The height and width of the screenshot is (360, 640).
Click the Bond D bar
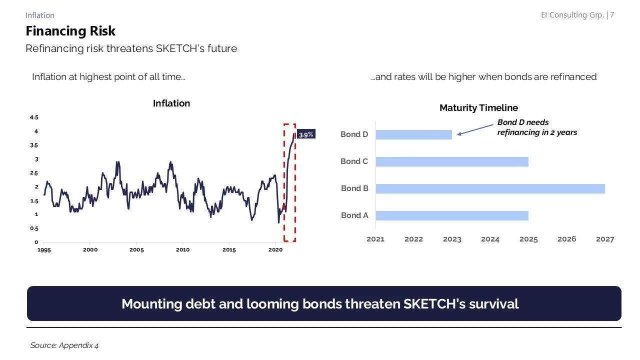413,134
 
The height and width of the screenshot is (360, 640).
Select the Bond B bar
490,188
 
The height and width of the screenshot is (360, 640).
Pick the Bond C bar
451,161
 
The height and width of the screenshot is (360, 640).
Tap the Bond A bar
451,215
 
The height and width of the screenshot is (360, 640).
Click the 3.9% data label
306,134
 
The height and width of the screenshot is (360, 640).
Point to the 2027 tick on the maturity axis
605,239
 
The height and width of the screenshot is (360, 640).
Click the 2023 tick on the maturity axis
452,239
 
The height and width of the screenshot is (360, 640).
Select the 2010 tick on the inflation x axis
182,249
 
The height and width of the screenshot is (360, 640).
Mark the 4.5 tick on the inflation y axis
34,117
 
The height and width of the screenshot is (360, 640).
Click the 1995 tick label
44,249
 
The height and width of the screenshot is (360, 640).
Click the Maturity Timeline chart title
478,107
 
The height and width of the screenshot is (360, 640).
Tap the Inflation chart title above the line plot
171,103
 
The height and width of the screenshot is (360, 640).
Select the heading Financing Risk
70,31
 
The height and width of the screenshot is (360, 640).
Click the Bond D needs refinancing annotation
536,127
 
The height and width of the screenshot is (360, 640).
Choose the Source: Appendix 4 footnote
64,345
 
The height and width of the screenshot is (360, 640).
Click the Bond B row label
354,188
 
